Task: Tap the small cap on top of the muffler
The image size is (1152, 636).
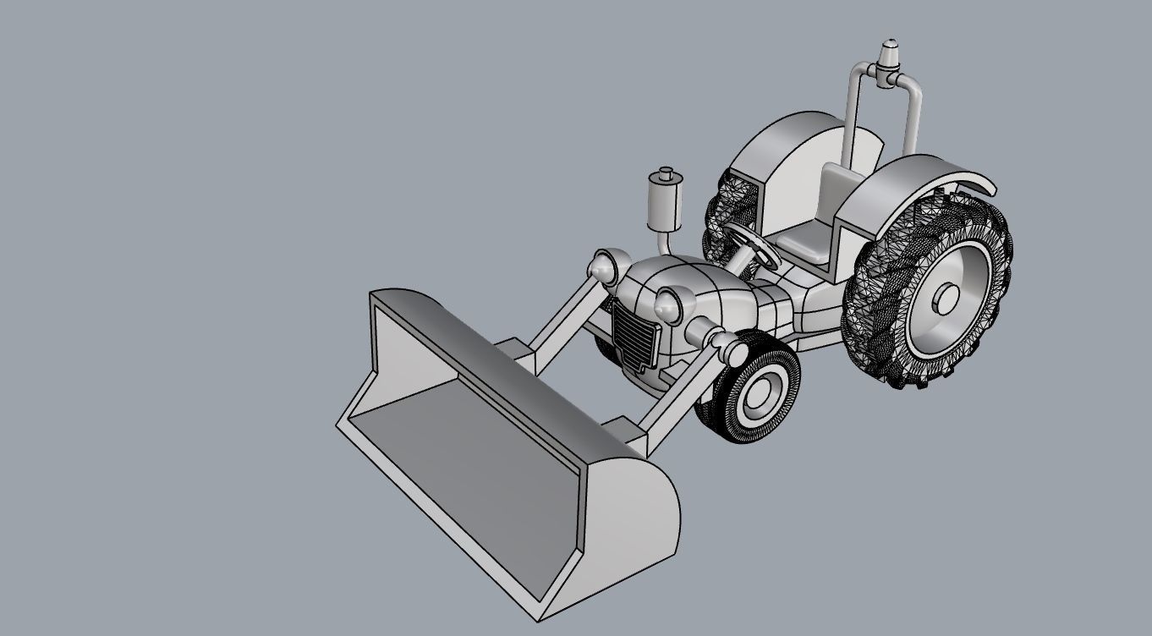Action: click(x=665, y=174)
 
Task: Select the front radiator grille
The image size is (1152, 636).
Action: click(x=635, y=338)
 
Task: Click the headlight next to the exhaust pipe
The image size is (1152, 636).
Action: click(x=606, y=267)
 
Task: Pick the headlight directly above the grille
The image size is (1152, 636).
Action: click(x=670, y=304)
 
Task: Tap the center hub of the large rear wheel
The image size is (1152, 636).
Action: click(x=946, y=298)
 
